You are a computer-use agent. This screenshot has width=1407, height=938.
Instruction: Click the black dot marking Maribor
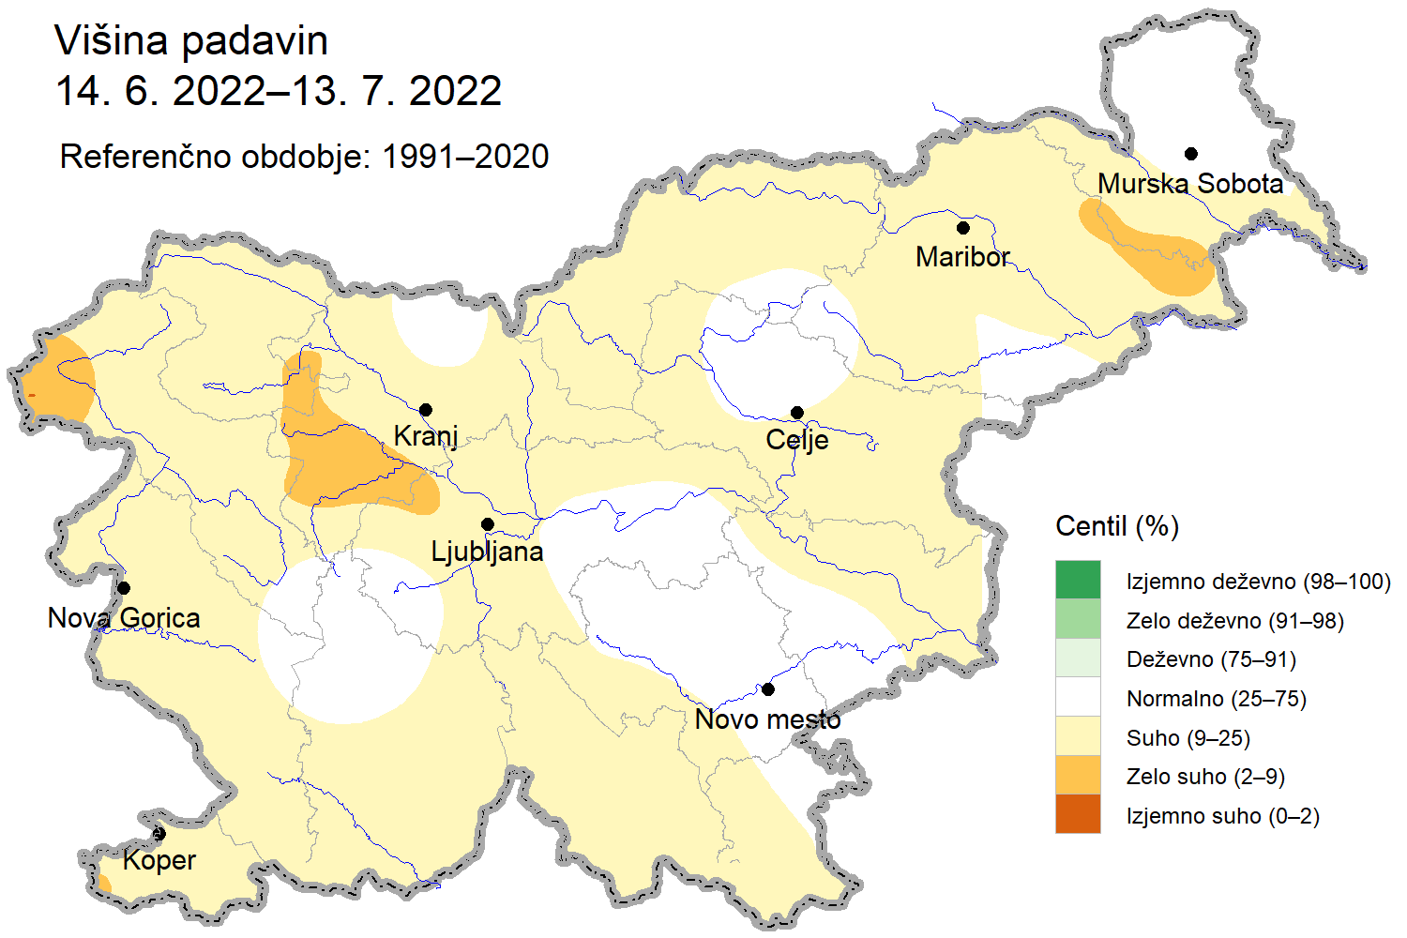point(962,228)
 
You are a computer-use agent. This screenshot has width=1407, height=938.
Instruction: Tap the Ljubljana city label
point(487,552)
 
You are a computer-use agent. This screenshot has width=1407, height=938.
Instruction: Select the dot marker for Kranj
point(426,410)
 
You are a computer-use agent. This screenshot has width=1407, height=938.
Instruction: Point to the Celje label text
point(796,440)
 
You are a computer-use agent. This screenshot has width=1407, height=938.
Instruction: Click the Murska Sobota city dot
point(1190,154)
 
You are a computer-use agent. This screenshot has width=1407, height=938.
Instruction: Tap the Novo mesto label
point(767,719)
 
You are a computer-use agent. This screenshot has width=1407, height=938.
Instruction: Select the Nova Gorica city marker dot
point(124,588)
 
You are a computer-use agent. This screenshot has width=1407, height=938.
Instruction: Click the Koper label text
point(159,860)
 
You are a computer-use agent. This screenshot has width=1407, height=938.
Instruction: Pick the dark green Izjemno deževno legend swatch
point(1078,580)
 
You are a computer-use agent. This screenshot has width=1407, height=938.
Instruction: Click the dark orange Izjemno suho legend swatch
point(1078,814)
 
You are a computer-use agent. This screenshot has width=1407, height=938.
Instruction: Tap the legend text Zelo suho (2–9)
point(1204,777)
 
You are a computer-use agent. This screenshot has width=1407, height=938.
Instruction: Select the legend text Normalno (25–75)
point(1216,699)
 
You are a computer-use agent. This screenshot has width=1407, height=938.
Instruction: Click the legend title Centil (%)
point(1116,526)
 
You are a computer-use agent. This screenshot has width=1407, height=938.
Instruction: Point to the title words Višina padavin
point(191,41)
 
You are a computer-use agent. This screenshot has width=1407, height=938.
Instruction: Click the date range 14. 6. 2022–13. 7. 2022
point(279,91)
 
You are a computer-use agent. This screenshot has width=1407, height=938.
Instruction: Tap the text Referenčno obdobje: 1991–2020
point(304,157)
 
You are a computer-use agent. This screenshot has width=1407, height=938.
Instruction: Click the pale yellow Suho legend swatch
point(1078,736)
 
